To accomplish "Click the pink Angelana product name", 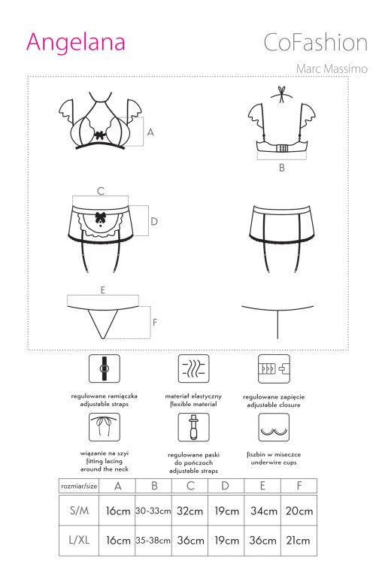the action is pyautogui.click(x=75, y=42).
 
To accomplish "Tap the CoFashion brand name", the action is pyautogui.click(x=316, y=42).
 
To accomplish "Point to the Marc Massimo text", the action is pyautogui.click(x=332, y=68).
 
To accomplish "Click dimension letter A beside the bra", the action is pyautogui.click(x=150, y=132).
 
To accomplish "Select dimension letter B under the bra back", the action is pyautogui.click(x=282, y=168).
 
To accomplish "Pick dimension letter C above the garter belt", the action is pyautogui.click(x=101, y=191).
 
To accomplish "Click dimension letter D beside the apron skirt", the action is pyautogui.click(x=154, y=221).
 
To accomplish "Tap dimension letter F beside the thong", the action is pyautogui.click(x=155, y=323).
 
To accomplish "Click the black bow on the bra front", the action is pyautogui.click(x=100, y=135).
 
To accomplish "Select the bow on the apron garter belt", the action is pyautogui.click(x=100, y=217).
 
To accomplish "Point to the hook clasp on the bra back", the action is pyautogui.click(x=282, y=149).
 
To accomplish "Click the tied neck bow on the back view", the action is pyautogui.click(x=282, y=93).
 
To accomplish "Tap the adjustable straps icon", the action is pyautogui.click(x=105, y=368).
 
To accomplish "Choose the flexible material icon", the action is pyautogui.click(x=193, y=368).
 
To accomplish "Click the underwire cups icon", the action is pyautogui.click(x=274, y=427).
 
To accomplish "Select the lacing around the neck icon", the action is pyautogui.click(x=105, y=427).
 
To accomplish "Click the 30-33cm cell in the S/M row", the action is pyautogui.click(x=153, y=511).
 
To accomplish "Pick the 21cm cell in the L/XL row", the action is pyautogui.click(x=299, y=540).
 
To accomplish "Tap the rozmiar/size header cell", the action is pyautogui.click(x=79, y=486).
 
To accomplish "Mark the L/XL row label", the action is pyautogui.click(x=79, y=540).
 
